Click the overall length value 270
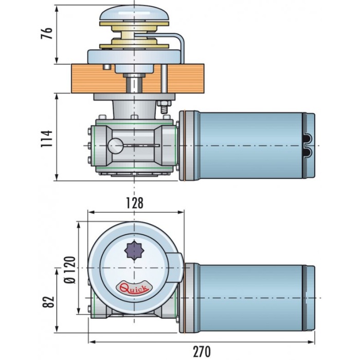click(201, 351)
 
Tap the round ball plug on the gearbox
click(116, 146)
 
